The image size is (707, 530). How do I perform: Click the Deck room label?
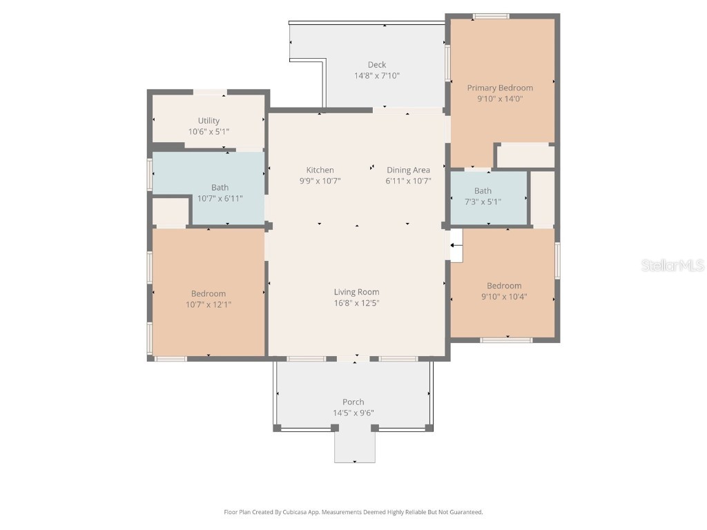coord(376,65)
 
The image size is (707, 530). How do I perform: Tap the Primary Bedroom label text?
coord(500,88)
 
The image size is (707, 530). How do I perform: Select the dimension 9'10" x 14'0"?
coord(500,99)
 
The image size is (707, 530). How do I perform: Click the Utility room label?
coord(209,121)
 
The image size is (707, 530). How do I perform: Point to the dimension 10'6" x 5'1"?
coord(209,131)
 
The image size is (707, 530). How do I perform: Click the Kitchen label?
coord(320,170)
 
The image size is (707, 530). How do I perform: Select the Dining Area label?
coord(408,170)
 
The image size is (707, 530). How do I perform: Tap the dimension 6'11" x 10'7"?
coord(408,181)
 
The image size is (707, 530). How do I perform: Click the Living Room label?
coord(356,292)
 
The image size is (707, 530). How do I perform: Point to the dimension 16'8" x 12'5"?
coord(356,303)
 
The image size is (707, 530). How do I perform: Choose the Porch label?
coord(353,402)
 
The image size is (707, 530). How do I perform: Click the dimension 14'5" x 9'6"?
coord(353,413)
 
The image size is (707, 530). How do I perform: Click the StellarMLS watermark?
coord(672,266)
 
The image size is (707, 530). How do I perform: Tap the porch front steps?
coord(355,446)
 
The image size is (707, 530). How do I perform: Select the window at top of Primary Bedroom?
coord(491,16)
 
